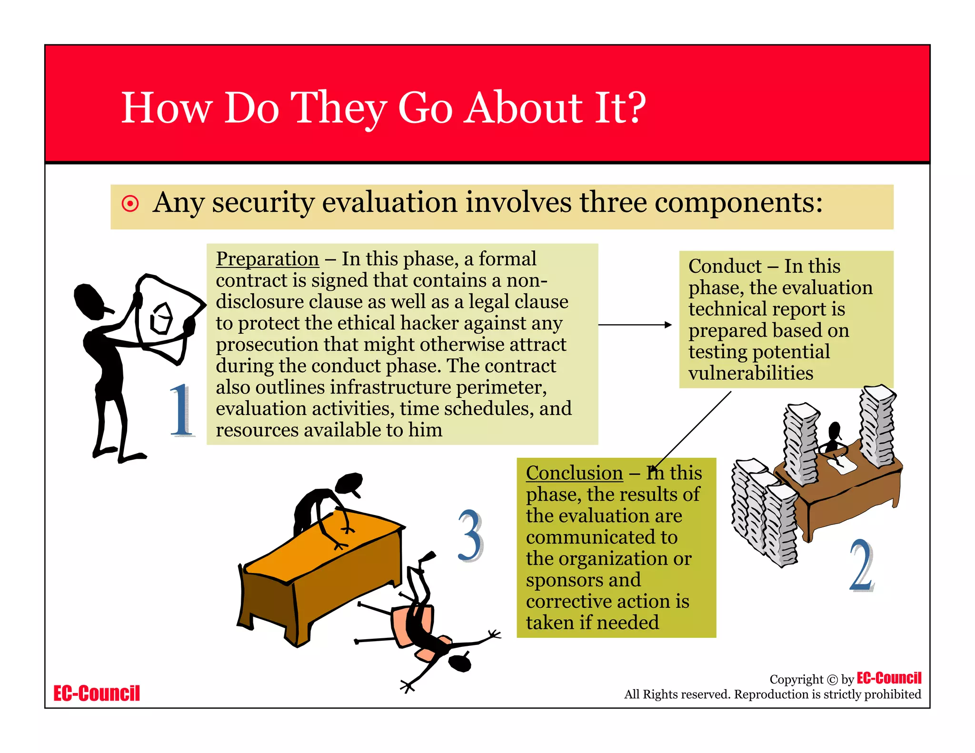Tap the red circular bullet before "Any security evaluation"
[130, 203]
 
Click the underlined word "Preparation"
[267, 259]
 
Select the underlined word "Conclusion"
[574, 473]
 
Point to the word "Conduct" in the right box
[725, 266]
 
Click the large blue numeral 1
[181, 410]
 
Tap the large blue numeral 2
[862, 565]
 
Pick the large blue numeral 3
[470, 535]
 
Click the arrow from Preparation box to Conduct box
[635, 325]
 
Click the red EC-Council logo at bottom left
[97, 694]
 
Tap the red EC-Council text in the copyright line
[889, 678]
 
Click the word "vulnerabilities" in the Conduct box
[751, 373]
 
